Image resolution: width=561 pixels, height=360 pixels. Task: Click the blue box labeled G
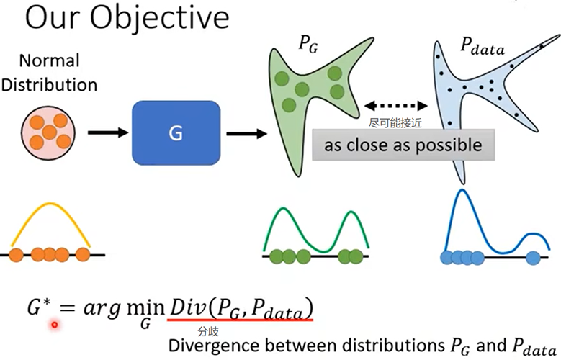coord(176,132)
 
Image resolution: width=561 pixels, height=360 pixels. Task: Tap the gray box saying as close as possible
coord(403,145)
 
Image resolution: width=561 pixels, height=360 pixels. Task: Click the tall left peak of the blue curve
coord(461,193)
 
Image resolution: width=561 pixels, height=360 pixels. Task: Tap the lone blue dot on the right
coord(533,256)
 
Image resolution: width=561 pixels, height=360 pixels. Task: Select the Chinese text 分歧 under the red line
coord(207,331)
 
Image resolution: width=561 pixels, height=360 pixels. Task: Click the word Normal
coord(49,61)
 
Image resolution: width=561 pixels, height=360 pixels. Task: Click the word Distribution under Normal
coord(49,84)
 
